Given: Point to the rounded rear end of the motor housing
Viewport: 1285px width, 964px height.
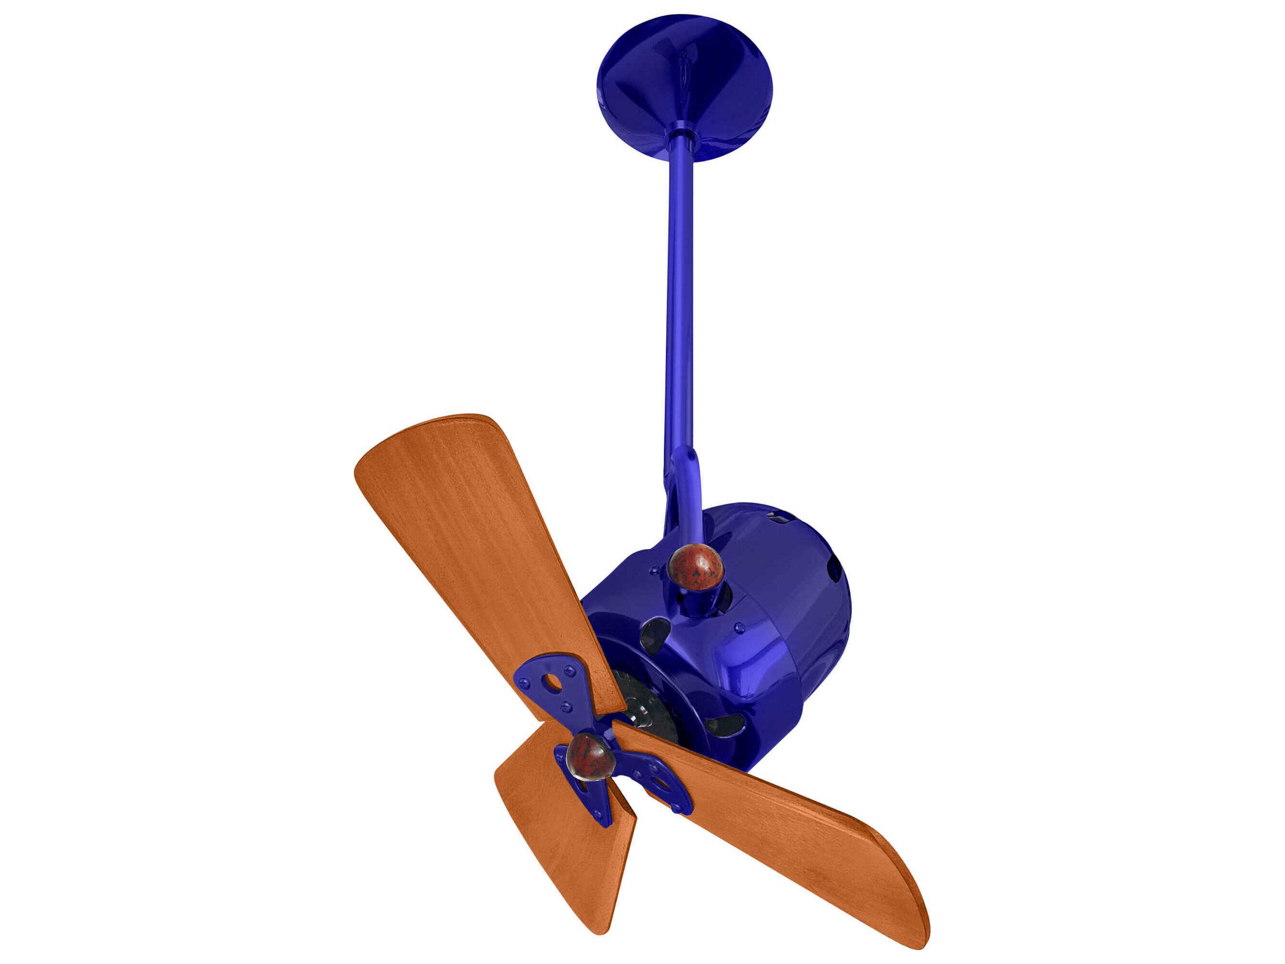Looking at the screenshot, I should (x=825, y=587).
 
